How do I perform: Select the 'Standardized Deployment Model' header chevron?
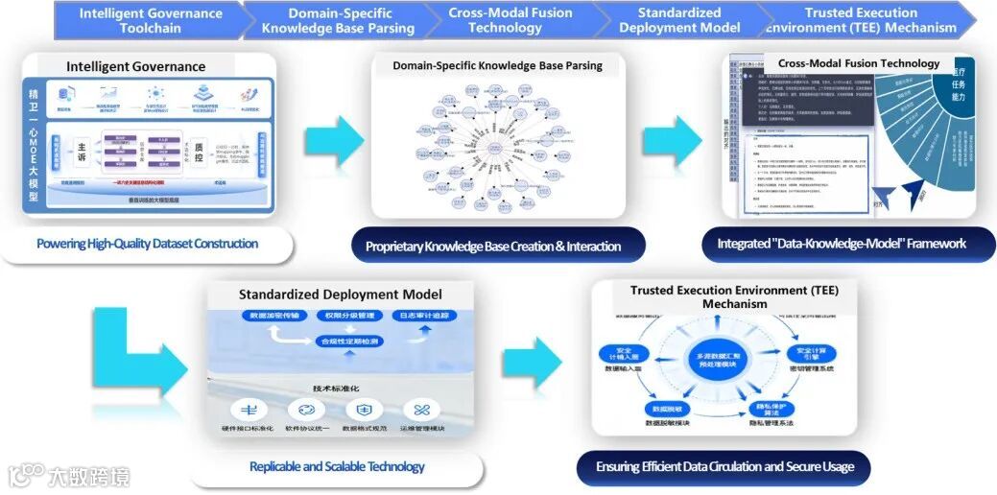point(678,20)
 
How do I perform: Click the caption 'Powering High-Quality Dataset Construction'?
point(147,244)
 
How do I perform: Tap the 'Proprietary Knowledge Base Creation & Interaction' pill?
point(493,247)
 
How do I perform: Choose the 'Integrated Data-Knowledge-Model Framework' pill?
point(842,244)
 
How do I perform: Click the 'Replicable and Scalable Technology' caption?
point(337,467)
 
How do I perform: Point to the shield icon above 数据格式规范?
point(365,409)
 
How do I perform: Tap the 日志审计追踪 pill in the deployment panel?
point(423,316)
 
